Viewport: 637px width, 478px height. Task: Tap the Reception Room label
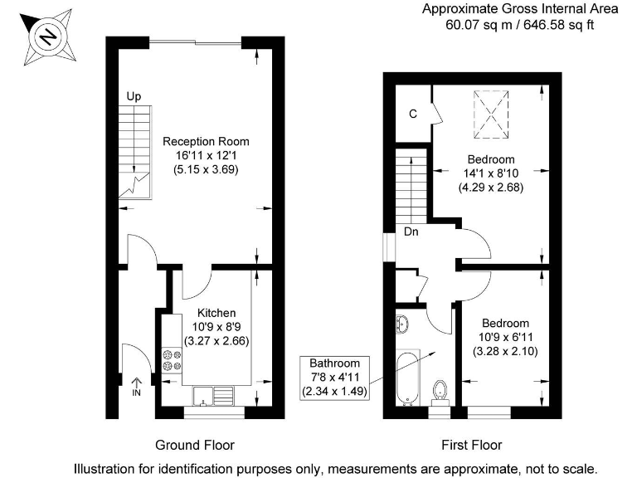point(206,141)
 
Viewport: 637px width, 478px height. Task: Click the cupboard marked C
point(412,114)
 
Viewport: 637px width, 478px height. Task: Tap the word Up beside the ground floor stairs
point(134,97)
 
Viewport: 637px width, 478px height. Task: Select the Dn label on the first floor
point(411,232)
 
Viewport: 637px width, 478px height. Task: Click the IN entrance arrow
point(137,387)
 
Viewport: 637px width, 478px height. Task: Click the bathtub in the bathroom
point(408,378)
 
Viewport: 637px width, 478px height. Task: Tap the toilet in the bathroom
point(440,390)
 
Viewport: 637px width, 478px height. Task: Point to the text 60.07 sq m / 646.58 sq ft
point(520,25)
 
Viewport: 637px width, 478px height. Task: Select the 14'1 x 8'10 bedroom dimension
point(491,173)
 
